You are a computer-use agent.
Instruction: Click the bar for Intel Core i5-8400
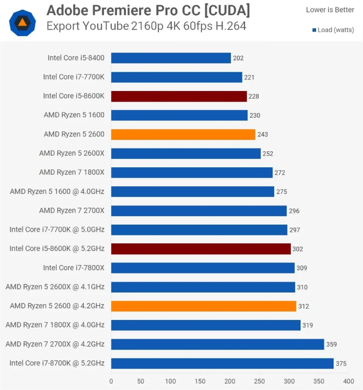[x=171, y=58]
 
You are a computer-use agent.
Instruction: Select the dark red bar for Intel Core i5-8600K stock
[x=179, y=96]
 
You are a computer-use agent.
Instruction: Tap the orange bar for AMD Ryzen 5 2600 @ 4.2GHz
[x=204, y=306]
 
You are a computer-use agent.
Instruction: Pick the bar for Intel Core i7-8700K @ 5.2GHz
[x=222, y=363]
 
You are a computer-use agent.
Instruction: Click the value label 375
[x=341, y=364]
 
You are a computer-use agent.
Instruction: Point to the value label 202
[x=238, y=58]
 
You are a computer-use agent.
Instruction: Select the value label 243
[x=263, y=134]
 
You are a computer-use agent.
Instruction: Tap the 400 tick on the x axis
[x=349, y=381]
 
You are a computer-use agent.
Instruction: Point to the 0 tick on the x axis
[x=111, y=381]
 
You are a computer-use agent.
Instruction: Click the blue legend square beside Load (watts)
[x=314, y=30]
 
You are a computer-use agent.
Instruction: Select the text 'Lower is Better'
[x=330, y=10]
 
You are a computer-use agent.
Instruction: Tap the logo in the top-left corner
[x=22, y=22]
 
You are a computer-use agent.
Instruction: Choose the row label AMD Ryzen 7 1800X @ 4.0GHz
[x=55, y=325]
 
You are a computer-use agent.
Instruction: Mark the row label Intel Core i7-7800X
[x=73, y=268]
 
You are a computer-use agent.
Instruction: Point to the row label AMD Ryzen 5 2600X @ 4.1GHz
[x=55, y=287]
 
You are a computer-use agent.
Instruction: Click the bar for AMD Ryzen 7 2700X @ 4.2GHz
[x=218, y=344]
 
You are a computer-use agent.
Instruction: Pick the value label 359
[x=331, y=345]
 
